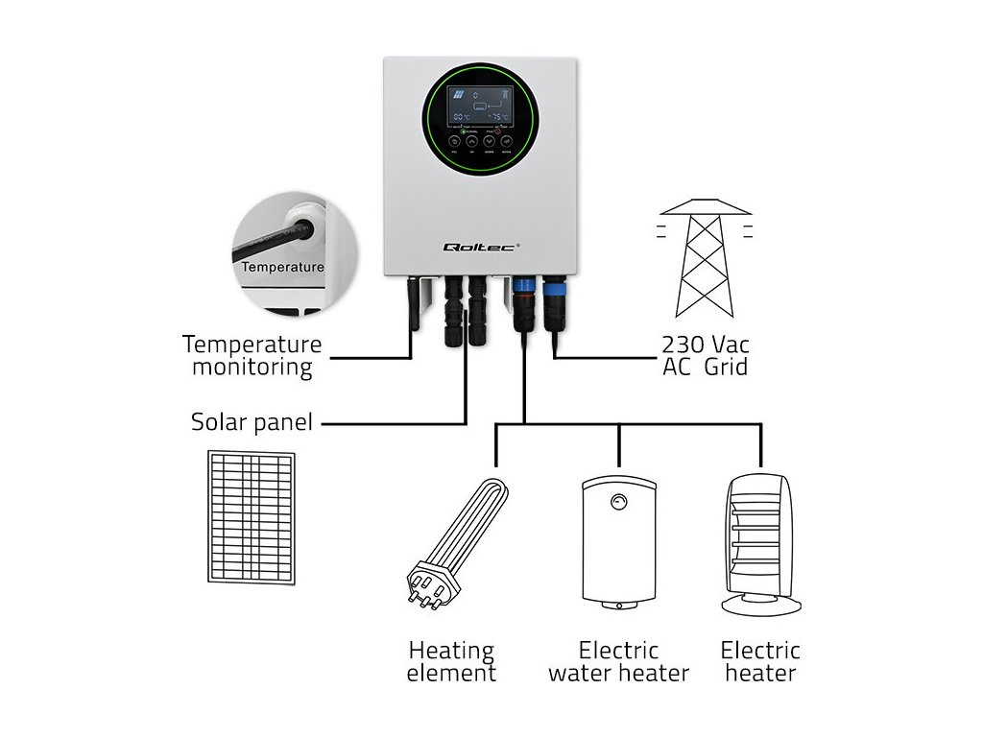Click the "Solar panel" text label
pyautogui.click(x=252, y=422)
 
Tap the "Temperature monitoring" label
pyautogui.click(x=252, y=355)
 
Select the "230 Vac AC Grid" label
pyautogui.click(x=706, y=355)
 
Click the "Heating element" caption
pyautogui.click(x=451, y=661)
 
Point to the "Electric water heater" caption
pyautogui.click(x=619, y=661)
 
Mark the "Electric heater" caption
pyautogui.click(x=761, y=661)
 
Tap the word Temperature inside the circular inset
pyautogui.click(x=282, y=267)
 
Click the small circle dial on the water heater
pyautogui.click(x=619, y=500)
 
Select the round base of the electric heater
pyautogui.click(x=762, y=604)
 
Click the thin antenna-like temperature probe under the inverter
pyautogui.click(x=415, y=303)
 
